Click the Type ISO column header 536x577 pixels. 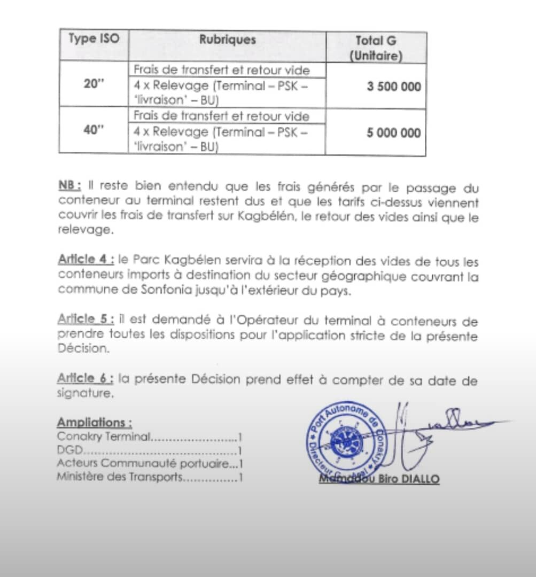coord(94,39)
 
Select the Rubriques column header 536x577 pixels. coord(227,40)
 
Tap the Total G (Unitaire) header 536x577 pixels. coord(376,48)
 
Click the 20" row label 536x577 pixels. coord(94,85)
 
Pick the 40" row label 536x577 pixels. coord(94,131)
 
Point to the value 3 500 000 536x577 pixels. coord(393,87)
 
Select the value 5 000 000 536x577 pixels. coord(393,132)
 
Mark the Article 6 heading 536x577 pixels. coord(85,380)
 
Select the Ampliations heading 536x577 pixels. coord(95,422)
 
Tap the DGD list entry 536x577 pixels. coord(71,450)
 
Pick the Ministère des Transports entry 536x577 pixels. coord(119,477)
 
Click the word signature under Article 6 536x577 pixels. coord(85,394)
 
